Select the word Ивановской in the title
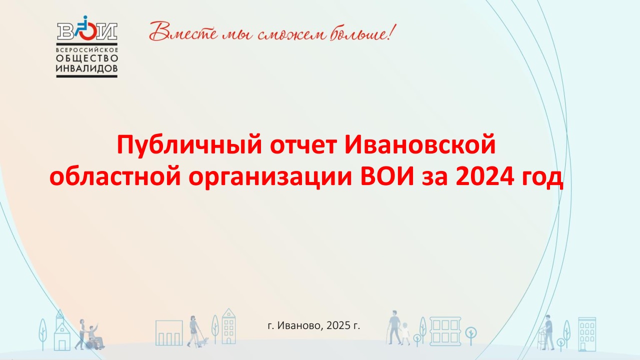coord(420,144)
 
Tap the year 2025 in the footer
coord(338,325)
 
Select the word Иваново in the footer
coord(299,325)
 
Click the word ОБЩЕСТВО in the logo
coord(87,58)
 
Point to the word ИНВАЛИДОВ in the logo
coord(86,68)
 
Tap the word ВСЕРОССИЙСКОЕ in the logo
coord(87,49)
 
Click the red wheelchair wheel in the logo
coord(87,31)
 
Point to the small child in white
coord(405,333)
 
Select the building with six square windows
coord(445,331)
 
